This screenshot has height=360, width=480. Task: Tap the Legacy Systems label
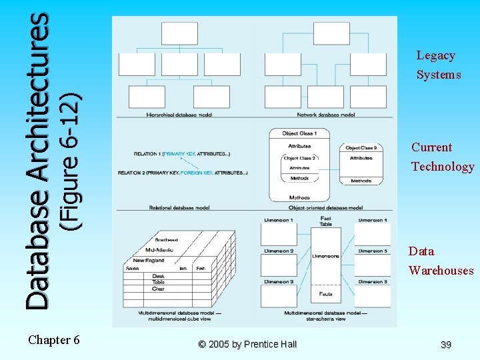point(438,65)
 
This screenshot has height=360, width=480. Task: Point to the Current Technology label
point(442,157)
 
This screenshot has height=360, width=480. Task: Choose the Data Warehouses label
point(441,261)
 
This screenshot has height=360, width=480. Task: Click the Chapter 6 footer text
point(54,340)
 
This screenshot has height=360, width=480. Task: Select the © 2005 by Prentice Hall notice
point(247,344)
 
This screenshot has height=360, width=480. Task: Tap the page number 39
point(446,345)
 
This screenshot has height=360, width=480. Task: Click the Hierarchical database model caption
point(179,115)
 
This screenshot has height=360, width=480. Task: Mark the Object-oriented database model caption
point(325,208)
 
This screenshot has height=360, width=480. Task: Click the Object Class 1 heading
point(299,133)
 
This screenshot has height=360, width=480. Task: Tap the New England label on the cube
point(148,260)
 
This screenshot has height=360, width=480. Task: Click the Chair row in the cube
point(158,289)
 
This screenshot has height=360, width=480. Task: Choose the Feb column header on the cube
point(200,268)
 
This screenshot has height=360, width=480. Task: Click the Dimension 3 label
point(278,282)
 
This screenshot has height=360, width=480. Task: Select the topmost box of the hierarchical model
point(179,33)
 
